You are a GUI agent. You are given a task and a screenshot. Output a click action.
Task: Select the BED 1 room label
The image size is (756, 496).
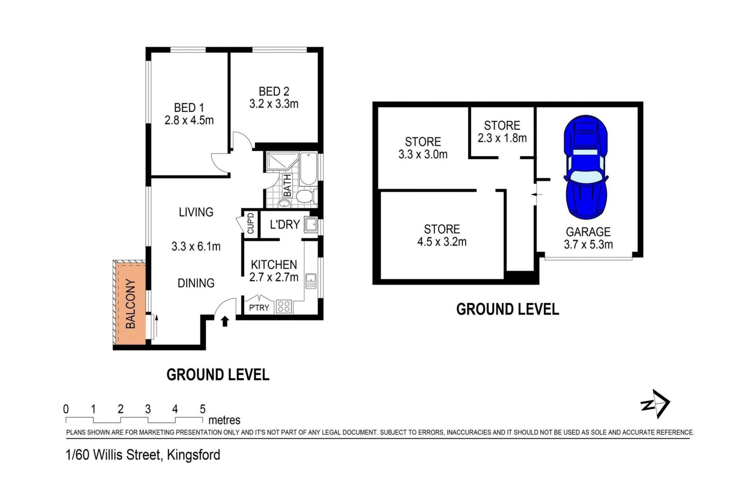[189, 108]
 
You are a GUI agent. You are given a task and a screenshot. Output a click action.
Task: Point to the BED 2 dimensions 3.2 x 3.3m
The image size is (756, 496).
[274, 104]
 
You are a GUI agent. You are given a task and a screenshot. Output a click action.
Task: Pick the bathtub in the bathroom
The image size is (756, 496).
[308, 169]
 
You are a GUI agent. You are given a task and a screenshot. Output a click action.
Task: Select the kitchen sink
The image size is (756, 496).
[311, 280]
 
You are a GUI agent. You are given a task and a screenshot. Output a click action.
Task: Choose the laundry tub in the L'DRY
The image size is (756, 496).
[311, 225]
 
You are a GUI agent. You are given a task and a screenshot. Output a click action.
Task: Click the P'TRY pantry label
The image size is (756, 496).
[259, 308]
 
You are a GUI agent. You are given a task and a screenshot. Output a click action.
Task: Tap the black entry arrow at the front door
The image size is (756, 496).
[225, 321]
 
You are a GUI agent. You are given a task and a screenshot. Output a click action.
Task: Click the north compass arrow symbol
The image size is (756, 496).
[656, 404]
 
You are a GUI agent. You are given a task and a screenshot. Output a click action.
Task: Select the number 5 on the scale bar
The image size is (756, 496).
[202, 409]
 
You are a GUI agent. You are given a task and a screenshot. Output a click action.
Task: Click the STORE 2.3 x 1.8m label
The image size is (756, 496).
[502, 132]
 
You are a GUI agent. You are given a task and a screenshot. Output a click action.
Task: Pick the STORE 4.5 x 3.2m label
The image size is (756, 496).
[442, 235]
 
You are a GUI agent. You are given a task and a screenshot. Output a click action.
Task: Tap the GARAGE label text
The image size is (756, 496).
[588, 232]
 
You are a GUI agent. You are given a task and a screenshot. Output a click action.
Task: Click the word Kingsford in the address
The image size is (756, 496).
[193, 455]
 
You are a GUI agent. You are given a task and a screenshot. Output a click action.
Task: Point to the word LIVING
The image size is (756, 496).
[196, 212]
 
